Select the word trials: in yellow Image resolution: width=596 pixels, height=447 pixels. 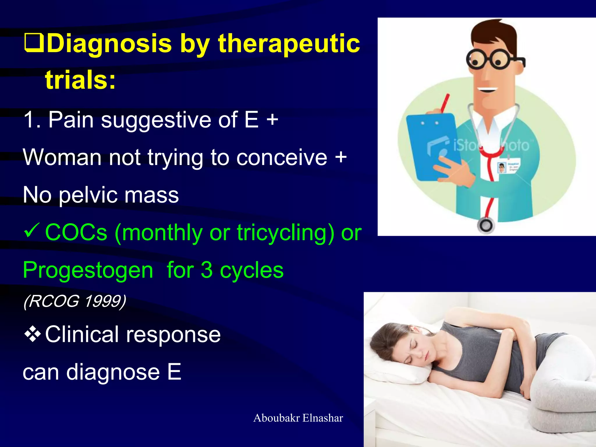point(80,80)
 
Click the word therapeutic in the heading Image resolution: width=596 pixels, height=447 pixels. point(289,44)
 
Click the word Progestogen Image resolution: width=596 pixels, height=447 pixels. point(88,270)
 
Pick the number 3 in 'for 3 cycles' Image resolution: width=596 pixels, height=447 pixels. point(207,270)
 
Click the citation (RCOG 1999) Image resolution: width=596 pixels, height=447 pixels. point(74,301)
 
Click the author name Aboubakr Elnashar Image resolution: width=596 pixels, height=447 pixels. point(298,418)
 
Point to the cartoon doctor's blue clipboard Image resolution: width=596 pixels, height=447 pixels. point(431,146)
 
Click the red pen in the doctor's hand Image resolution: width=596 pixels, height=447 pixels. point(444,103)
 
